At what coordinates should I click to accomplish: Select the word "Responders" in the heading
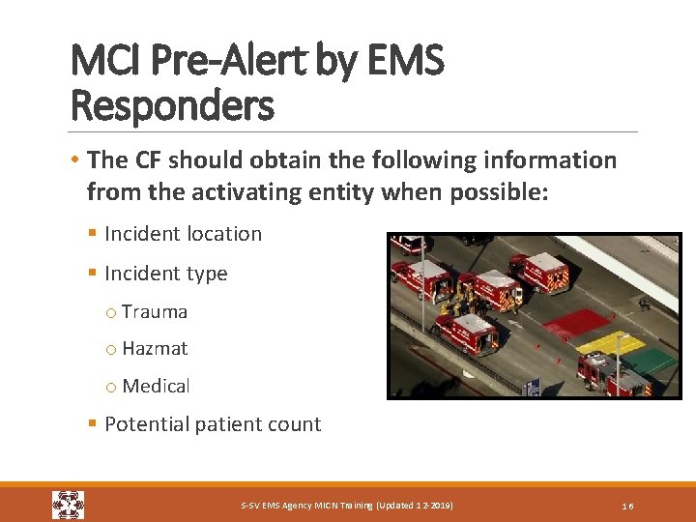click(172, 104)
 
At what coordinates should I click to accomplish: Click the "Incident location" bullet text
click(183, 234)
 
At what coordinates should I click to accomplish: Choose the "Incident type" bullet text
click(165, 274)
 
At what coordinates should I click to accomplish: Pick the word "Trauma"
click(155, 312)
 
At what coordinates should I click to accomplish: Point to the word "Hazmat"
click(155, 349)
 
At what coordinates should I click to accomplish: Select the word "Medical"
click(156, 386)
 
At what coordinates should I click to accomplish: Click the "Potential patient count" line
click(212, 424)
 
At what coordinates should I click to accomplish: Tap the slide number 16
click(627, 507)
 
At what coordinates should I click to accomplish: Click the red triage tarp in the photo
click(576, 323)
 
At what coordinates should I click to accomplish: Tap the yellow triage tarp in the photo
click(611, 342)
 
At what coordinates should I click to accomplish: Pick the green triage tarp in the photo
click(652, 362)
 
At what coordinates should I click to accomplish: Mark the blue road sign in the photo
click(532, 388)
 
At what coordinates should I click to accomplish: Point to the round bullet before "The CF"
click(75, 160)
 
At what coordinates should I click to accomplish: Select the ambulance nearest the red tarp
click(537, 274)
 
